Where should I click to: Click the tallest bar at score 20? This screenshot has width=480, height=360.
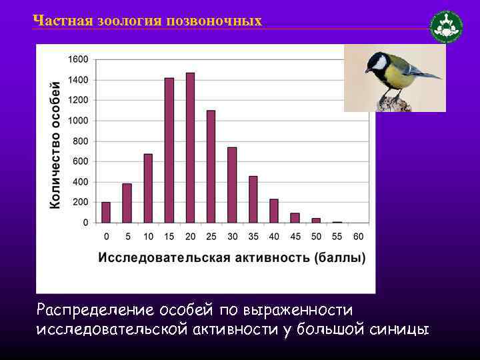point(190,148)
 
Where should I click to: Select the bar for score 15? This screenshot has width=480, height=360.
point(169,151)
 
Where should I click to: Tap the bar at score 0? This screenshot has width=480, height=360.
point(106,212)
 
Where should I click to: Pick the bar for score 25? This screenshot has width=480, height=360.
point(211,167)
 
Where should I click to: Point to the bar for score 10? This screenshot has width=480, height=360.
point(148,189)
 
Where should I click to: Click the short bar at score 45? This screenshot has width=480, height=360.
point(295,218)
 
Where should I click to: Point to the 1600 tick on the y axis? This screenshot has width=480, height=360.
point(78,59)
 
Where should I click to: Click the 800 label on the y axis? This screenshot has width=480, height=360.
point(81,141)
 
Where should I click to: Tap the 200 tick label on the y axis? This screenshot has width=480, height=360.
point(81,203)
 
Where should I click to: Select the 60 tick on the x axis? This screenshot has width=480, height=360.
point(359,237)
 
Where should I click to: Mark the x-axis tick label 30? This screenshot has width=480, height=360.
point(232,237)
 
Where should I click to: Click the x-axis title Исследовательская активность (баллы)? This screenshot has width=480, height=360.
point(232,257)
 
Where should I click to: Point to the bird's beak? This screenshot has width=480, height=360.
point(368,70)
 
